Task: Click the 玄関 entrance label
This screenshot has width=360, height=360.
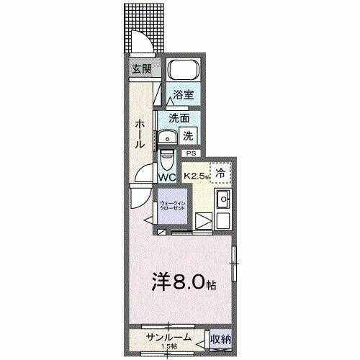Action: [141, 70]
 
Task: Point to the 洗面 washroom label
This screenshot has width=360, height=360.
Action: [179, 118]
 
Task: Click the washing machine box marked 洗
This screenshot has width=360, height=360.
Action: [187, 135]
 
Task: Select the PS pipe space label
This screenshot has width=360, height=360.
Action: [191, 153]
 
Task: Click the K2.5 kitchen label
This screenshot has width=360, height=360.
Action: [197, 175]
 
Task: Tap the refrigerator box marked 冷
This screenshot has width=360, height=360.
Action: [221, 173]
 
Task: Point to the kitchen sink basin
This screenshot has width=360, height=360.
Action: [222, 199]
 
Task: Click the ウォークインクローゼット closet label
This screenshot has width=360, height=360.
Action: [173, 206]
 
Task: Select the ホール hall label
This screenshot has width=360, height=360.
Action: [140, 134]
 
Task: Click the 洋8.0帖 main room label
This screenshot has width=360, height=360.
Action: [183, 282]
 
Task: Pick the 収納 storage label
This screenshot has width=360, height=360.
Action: [220, 338]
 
